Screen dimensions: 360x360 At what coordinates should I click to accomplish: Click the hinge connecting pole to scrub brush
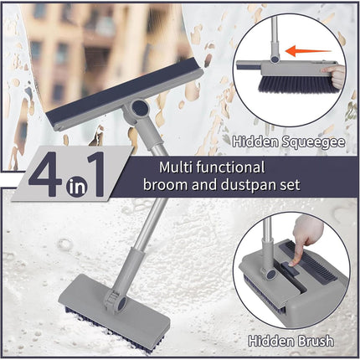108,295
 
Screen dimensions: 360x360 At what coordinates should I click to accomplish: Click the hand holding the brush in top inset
338,77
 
